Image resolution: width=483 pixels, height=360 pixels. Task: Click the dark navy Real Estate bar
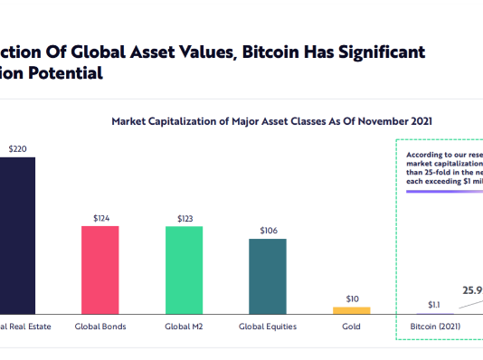[17, 235]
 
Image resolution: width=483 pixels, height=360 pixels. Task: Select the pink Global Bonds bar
[100, 270]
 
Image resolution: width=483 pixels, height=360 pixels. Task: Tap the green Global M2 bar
[184, 270]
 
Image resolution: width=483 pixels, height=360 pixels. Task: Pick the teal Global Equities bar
[268, 276]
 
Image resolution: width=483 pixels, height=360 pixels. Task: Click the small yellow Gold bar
[351, 310]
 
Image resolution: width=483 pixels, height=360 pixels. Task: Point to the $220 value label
[17, 147]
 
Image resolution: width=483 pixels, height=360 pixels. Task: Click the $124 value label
[100, 217]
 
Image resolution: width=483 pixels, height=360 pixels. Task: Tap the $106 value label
[268, 230]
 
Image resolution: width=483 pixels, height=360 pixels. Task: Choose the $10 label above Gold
[351, 298]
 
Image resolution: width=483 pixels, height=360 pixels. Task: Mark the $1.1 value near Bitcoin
[433, 305]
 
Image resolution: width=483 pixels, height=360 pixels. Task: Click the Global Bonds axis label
[100, 326]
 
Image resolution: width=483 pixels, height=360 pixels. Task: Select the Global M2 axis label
[184, 326]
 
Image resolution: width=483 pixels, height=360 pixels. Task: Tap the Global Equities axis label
[268, 326]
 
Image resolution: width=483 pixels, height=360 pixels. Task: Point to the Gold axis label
[351, 326]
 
